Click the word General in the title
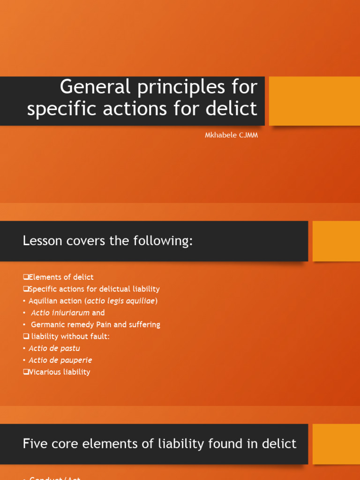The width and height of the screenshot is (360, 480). [89, 87]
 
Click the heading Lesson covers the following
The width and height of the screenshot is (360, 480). [108, 241]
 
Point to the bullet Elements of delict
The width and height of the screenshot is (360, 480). [61, 277]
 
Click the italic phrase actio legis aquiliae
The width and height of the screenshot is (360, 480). [121, 301]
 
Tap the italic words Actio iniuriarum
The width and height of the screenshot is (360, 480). [60, 313]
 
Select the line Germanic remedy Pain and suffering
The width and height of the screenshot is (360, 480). [95, 324]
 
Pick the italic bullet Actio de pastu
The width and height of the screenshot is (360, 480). [54, 348]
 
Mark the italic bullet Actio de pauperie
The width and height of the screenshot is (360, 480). [60, 360]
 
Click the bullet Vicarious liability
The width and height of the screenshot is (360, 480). [59, 372]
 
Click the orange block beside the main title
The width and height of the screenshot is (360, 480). [314, 101]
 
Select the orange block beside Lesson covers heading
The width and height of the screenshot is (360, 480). [336, 241]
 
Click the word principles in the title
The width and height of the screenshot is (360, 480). [179, 87]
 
